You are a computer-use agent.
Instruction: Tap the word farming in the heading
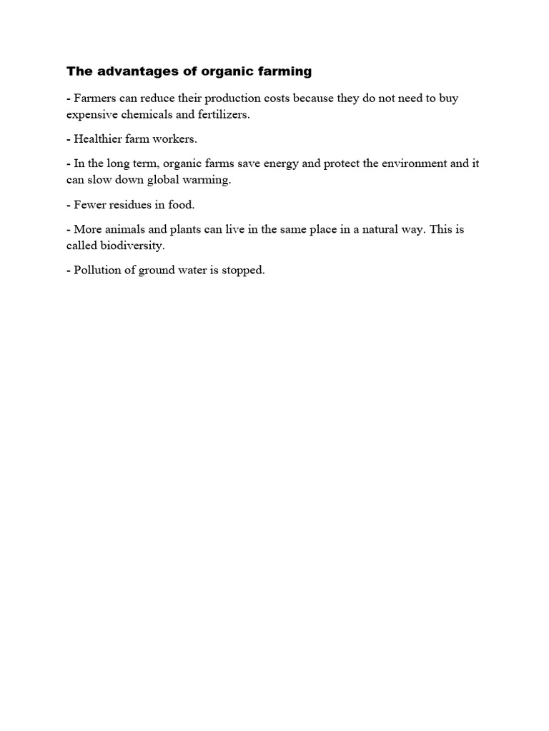(281, 71)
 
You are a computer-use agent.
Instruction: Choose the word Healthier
(99, 139)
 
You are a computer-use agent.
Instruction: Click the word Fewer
(90, 205)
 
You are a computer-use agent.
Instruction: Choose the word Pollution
(97, 271)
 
